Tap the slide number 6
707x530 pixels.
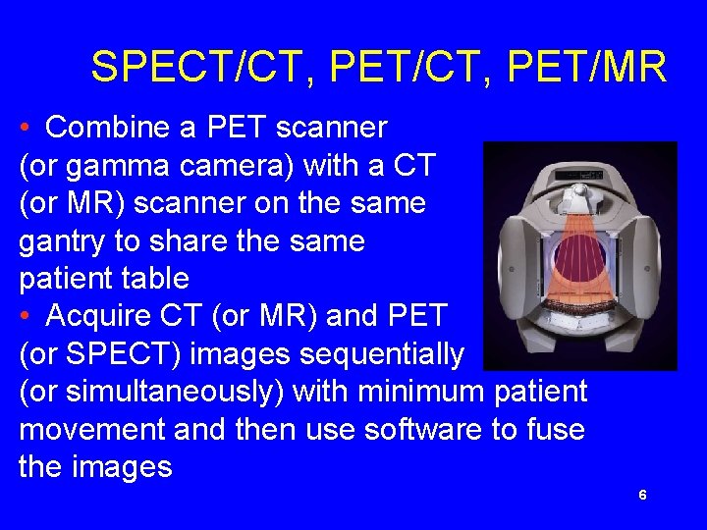[642, 496]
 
